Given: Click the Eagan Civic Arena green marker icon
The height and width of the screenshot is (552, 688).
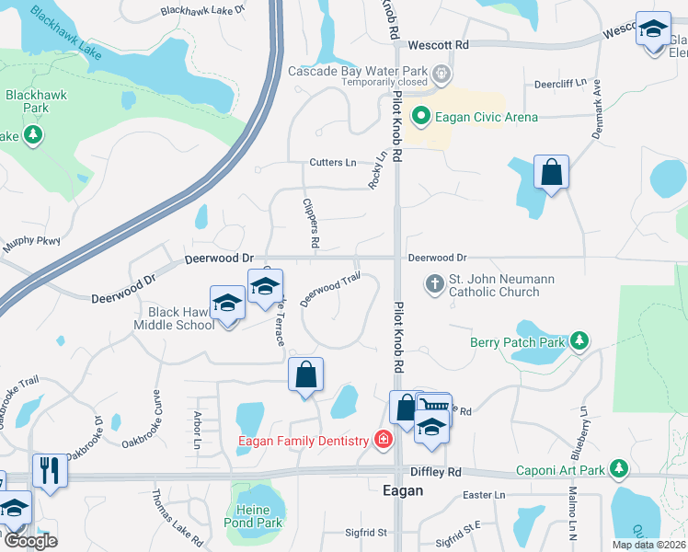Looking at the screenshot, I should [x=421, y=116].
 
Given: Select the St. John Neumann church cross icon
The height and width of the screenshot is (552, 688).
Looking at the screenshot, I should [x=435, y=283].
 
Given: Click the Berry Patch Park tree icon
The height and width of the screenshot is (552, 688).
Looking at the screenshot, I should [x=579, y=341].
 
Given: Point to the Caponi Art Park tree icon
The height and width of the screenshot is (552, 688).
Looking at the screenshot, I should [x=620, y=470].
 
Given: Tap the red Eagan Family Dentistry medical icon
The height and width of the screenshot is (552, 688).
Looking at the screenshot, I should [x=383, y=442].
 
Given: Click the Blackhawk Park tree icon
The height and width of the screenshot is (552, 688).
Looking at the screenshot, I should [x=33, y=136].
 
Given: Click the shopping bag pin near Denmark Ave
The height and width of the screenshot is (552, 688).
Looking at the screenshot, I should [x=550, y=171].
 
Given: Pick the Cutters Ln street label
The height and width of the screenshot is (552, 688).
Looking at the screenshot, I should [x=330, y=162].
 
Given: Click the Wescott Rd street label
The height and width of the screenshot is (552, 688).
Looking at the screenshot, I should [x=439, y=44].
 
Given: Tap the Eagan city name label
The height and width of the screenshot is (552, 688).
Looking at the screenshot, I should [x=403, y=491].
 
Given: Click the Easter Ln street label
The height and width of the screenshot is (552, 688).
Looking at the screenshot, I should [x=485, y=495].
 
